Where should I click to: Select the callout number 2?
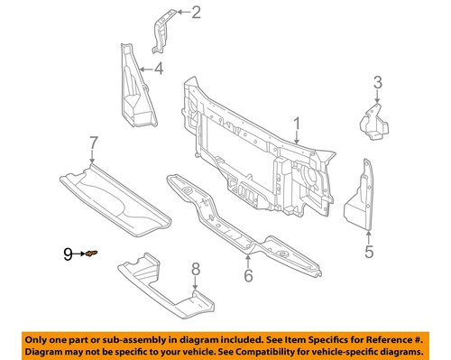click(197, 12)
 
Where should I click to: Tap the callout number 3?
click(378, 87)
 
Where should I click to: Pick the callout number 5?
click(368, 253)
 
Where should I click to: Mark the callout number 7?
click(92, 142)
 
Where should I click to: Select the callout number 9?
click(67, 255)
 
